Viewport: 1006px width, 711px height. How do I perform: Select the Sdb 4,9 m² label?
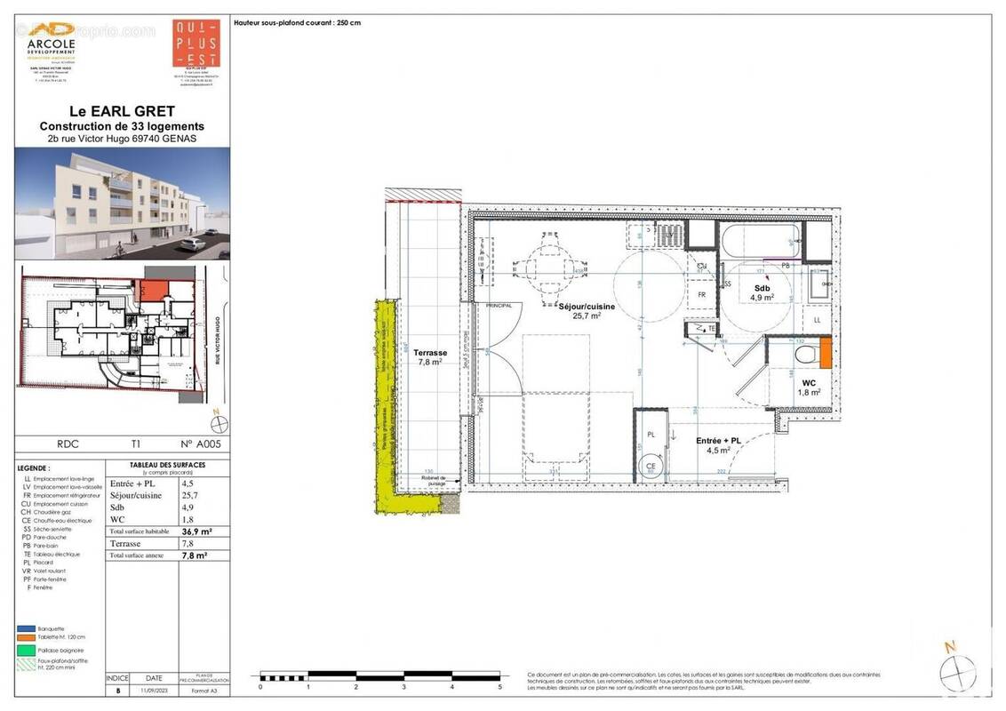[761, 292]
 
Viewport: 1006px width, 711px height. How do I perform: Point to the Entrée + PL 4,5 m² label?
[719, 445]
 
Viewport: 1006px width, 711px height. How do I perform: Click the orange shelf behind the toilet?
[825, 353]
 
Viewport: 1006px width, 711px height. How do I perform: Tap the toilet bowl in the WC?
[805, 355]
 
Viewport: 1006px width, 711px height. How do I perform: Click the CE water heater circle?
[650, 466]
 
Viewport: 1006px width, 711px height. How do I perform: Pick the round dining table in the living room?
[542, 264]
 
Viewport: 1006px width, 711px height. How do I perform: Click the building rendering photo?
[122, 204]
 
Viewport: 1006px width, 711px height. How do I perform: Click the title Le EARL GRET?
[122, 112]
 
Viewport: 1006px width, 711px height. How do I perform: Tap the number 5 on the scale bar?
[499, 686]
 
